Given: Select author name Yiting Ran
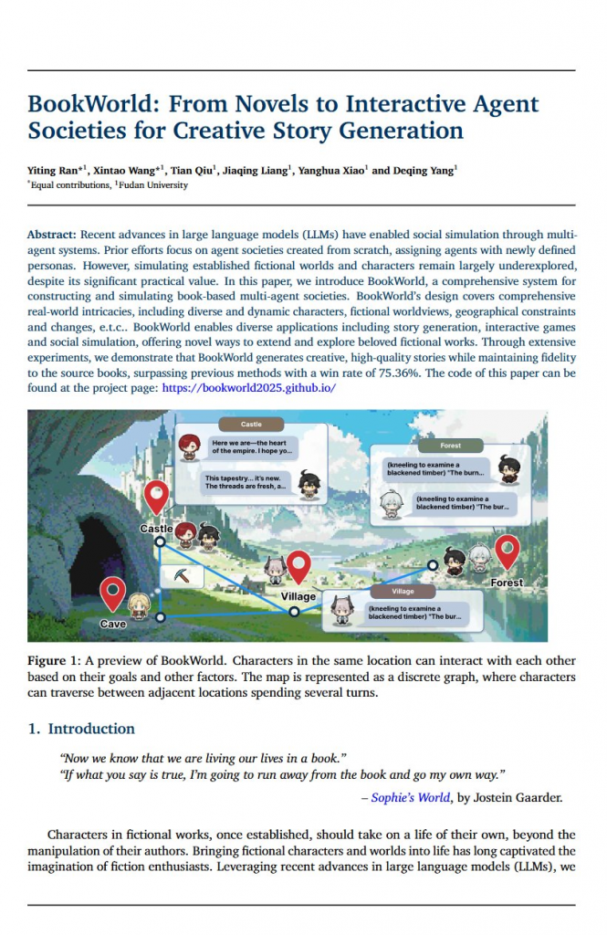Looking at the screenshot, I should click(58, 170).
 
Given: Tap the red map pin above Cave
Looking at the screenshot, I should click(112, 594).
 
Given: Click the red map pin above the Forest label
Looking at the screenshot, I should click(507, 551).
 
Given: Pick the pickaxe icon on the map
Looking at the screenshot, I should click(182, 574).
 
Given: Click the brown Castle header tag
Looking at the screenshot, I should click(251, 425).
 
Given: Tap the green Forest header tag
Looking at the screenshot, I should click(450, 446).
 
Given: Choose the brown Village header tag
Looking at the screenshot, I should click(403, 592).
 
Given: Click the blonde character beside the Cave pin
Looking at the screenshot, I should click(139, 604).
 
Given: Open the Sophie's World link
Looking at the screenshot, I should click(411, 797).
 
